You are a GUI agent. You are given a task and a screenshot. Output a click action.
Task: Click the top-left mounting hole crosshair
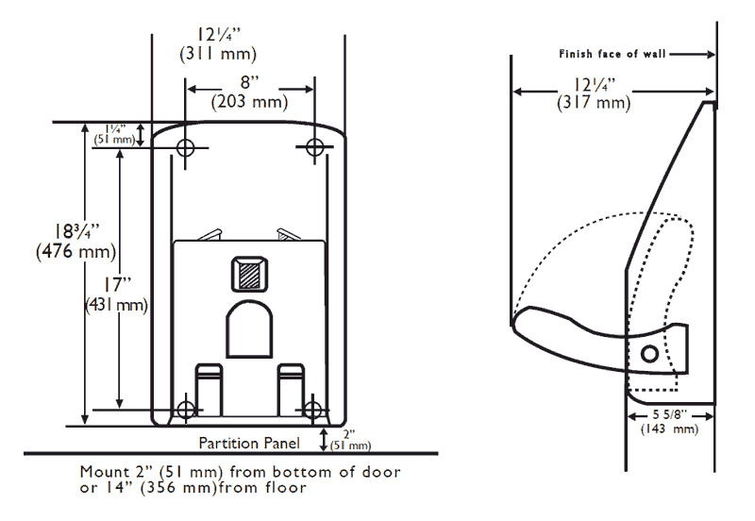point(185,148)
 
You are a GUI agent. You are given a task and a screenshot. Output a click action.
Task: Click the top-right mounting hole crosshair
point(315,146)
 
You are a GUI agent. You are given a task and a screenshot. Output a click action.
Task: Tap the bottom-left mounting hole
point(185,411)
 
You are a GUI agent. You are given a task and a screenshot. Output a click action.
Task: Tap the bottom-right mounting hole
point(313,411)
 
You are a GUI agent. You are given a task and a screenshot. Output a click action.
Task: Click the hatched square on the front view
point(249,274)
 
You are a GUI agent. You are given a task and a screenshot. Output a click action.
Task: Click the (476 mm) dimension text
point(76,252)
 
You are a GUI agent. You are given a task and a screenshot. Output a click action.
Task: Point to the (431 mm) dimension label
point(116,305)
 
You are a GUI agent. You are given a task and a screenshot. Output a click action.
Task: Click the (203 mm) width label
point(249,102)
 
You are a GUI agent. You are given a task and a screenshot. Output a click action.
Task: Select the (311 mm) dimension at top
point(218,54)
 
